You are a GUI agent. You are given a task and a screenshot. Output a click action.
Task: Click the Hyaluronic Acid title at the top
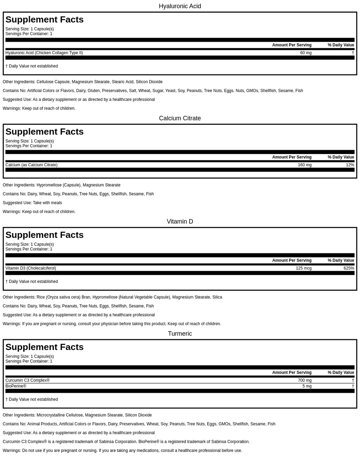pos(180,6)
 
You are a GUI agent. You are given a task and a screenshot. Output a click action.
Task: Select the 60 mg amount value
pos(306,53)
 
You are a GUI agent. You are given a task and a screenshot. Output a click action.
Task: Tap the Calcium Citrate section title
pos(180,118)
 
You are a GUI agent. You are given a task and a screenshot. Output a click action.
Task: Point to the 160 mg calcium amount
pos(304,165)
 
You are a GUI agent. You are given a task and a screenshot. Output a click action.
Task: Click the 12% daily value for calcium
pos(350,165)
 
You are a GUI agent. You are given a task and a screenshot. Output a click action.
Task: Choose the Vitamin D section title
pos(180,221)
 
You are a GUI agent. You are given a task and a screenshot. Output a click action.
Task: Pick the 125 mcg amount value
pos(303,268)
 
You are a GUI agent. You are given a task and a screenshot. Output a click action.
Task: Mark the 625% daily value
pos(349,268)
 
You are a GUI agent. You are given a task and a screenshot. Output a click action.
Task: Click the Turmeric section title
pos(180,334)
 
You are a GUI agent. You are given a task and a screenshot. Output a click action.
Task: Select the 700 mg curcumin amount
pos(304,380)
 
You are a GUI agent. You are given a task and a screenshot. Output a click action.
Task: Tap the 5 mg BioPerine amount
pos(307,386)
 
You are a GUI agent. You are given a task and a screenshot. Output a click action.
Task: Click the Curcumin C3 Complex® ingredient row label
pos(27,380)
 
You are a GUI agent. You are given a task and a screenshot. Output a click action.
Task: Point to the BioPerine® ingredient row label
pos(16,386)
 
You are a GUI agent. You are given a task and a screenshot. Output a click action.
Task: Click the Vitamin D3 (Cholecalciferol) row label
pos(31,268)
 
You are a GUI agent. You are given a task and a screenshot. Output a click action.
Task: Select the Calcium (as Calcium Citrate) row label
pos(31,165)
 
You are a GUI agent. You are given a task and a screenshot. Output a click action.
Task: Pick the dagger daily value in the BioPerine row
pos(353,386)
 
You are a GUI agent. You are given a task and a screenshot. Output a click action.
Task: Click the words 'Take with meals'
pos(47,203)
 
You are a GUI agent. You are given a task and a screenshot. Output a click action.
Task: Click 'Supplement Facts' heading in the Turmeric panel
pos(44,347)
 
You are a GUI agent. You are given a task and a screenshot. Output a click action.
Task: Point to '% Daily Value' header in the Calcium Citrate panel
pos(341,157)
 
